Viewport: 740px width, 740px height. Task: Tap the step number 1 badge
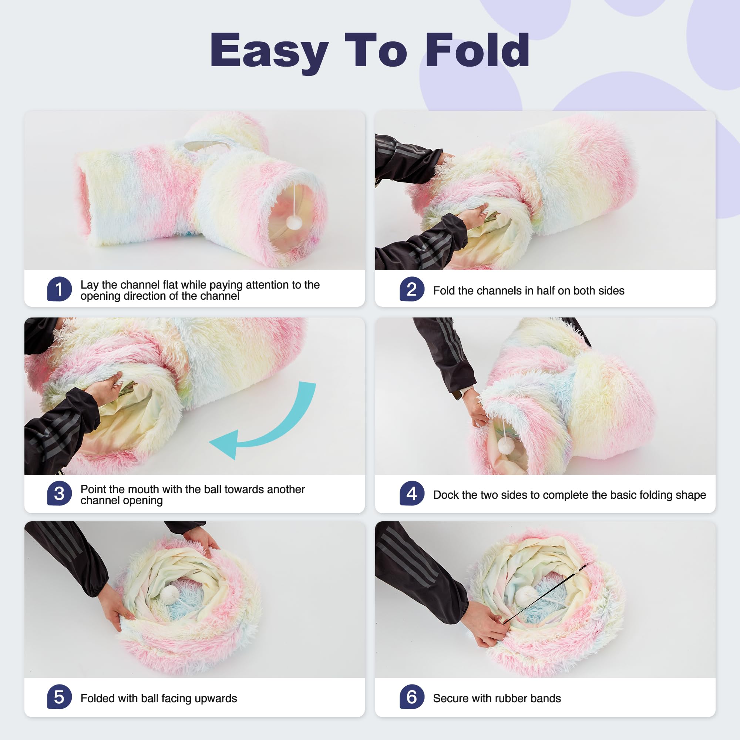[x=59, y=289]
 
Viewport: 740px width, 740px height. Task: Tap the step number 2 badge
[x=412, y=289]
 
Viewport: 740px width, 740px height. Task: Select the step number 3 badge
[x=59, y=494]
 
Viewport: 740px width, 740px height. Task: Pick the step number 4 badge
[x=412, y=494]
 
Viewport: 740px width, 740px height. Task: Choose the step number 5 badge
[x=59, y=697]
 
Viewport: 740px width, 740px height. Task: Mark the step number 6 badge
[x=412, y=697]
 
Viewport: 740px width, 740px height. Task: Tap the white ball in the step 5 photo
[x=169, y=594]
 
